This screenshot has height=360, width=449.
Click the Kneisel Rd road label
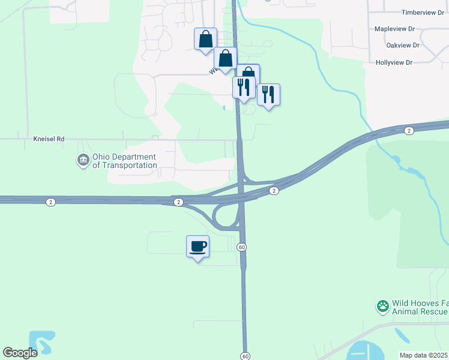click(x=49, y=139)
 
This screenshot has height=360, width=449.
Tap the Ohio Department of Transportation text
click(x=124, y=161)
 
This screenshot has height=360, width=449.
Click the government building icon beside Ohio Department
click(x=83, y=161)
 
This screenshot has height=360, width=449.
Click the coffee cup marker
click(x=197, y=246)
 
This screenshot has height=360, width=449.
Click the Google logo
click(x=20, y=352)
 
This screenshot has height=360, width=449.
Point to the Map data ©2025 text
click(x=424, y=355)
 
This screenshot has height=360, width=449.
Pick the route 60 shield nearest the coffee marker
click(x=241, y=247)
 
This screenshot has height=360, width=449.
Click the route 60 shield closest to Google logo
click(x=245, y=356)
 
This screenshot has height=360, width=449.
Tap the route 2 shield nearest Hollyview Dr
click(x=409, y=131)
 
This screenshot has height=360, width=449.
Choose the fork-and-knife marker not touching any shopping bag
click(x=268, y=94)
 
